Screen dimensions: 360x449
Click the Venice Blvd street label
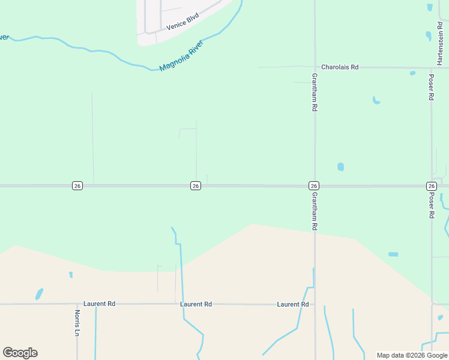tap(182, 22)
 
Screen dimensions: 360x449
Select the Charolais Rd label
tap(340, 67)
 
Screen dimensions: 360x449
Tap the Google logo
tap(20, 353)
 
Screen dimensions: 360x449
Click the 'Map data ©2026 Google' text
tap(411, 355)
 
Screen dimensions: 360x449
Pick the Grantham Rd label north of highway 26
tap(314, 92)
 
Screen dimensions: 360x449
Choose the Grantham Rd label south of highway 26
tap(314, 211)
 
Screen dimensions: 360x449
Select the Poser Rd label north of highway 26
tap(430, 88)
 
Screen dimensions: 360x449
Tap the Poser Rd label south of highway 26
tap(430, 205)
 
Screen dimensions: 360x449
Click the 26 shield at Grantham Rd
tap(314, 186)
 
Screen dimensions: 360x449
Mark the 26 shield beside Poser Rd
tap(432, 186)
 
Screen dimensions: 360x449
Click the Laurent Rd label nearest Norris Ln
tap(99, 304)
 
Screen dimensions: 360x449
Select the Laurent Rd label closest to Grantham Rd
tap(293, 304)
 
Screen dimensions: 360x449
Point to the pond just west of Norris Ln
tap(39, 294)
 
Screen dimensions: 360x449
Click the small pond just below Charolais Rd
tap(412, 73)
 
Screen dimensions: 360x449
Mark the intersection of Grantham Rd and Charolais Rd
tap(315, 67)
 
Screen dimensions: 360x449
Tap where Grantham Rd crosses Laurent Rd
tap(315, 304)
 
